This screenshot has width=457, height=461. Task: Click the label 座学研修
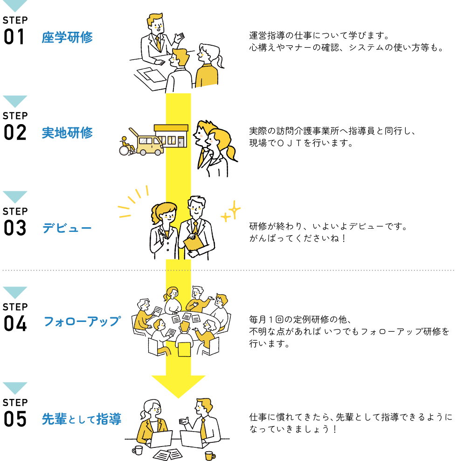[x=67, y=38]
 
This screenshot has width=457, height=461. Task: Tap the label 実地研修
[x=67, y=133]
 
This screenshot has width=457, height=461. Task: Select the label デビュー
[x=67, y=228]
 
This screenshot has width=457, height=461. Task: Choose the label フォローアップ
[x=82, y=321]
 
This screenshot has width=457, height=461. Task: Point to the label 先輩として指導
[x=82, y=419]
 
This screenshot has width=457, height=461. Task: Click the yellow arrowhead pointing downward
[x=178, y=385]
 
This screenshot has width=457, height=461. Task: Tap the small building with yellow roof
[x=172, y=136]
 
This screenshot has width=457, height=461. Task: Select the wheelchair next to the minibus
[x=126, y=147]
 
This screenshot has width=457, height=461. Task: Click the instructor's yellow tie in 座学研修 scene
[x=159, y=43]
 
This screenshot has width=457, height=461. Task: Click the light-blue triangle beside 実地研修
[x=15, y=101]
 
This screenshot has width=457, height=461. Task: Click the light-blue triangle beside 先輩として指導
[x=15, y=387]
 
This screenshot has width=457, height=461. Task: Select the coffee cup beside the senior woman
[x=138, y=450]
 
